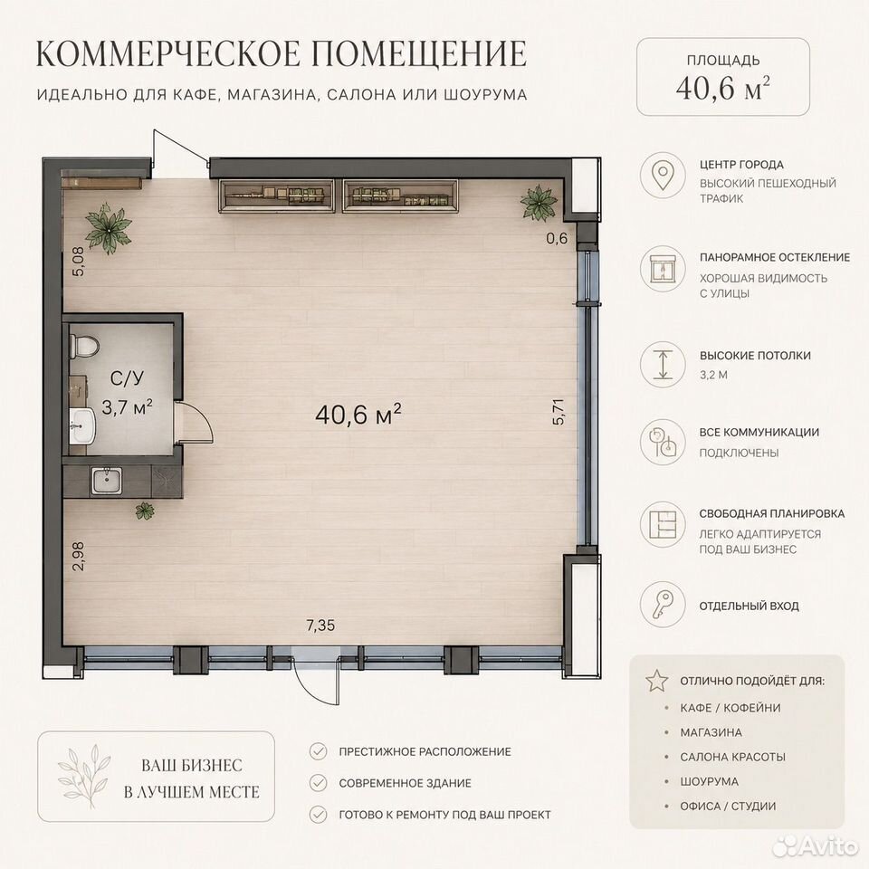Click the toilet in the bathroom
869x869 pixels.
[83, 347]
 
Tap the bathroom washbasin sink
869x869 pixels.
[82, 425]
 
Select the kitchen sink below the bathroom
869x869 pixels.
[107, 480]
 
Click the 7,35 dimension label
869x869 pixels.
[320, 625]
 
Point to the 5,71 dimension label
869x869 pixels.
[559, 412]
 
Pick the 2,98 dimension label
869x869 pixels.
[79, 556]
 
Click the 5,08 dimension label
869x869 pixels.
[79, 261]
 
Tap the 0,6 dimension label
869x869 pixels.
[557, 238]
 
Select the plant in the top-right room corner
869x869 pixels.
[538, 202]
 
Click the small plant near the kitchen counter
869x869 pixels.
[145, 511]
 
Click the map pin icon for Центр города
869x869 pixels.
[663, 175]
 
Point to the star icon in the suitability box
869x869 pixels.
[657, 680]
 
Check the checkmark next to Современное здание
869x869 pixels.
[318, 783]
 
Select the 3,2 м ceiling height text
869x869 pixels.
[713, 375]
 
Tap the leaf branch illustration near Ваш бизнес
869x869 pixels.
[83, 777]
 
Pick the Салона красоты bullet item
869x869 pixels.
[732, 757]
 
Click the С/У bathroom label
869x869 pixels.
[127, 378]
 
